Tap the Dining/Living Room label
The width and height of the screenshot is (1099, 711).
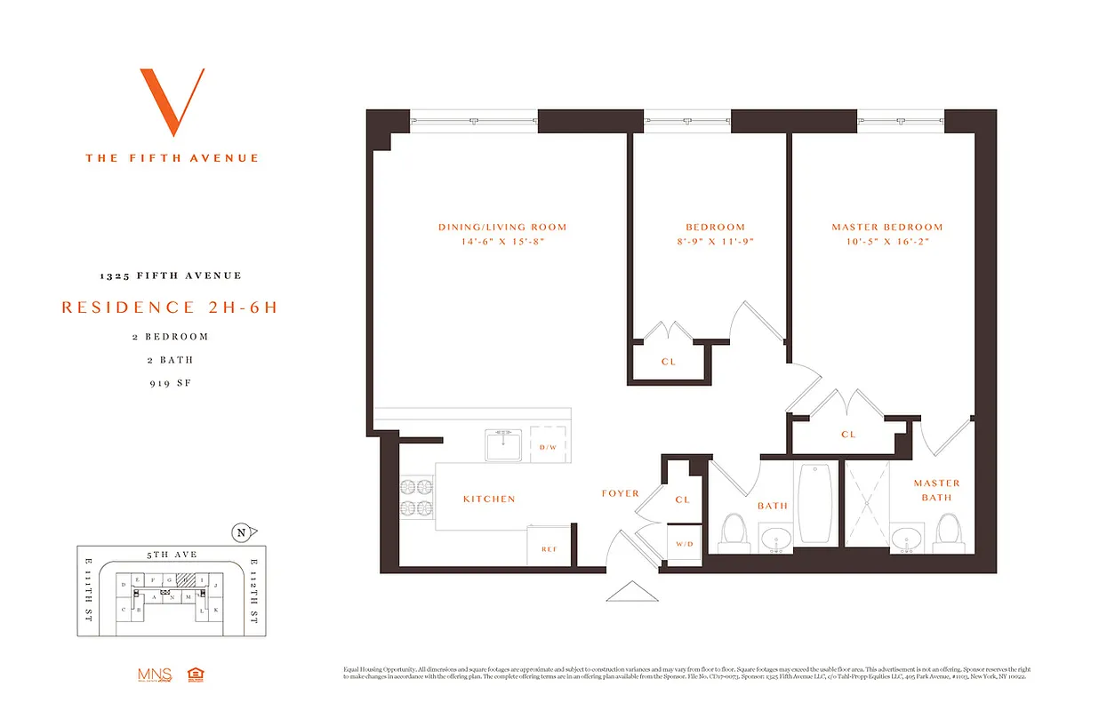[x=502, y=227]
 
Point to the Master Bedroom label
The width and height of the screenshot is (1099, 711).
[x=886, y=227]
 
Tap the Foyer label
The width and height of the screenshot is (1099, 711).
[x=620, y=493]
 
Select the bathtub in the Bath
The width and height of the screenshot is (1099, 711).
[x=815, y=503]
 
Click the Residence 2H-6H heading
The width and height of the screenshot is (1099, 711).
[x=169, y=308]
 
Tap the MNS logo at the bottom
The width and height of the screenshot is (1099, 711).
[x=153, y=675]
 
